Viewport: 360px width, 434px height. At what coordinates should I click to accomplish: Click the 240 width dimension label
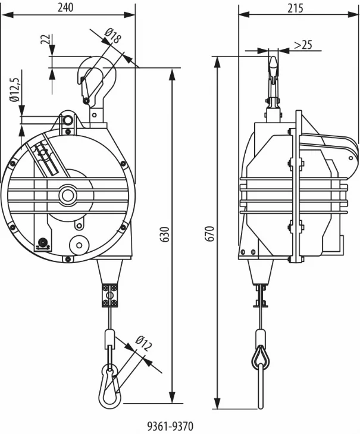(65, 8)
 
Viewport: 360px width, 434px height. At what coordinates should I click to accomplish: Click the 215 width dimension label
(295, 8)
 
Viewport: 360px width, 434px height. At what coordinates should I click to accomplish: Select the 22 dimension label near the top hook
(45, 39)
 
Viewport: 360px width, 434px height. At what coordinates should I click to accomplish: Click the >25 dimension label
(303, 44)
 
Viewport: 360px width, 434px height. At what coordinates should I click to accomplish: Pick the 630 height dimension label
(165, 234)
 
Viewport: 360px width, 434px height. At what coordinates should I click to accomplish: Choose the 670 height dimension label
(210, 234)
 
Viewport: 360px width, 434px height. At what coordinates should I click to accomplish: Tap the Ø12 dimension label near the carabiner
(144, 344)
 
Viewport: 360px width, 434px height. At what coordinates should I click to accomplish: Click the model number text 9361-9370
(170, 426)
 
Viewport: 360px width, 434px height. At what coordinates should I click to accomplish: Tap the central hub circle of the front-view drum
(67, 195)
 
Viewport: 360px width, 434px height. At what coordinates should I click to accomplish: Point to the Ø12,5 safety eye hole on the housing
(67, 120)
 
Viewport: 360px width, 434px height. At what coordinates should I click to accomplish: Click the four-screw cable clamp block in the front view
(111, 295)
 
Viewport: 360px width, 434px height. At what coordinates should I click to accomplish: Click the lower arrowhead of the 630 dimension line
(172, 398)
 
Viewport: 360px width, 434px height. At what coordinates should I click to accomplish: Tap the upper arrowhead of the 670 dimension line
(217, 63)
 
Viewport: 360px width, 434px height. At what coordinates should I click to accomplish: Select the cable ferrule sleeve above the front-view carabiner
(110, 336)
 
